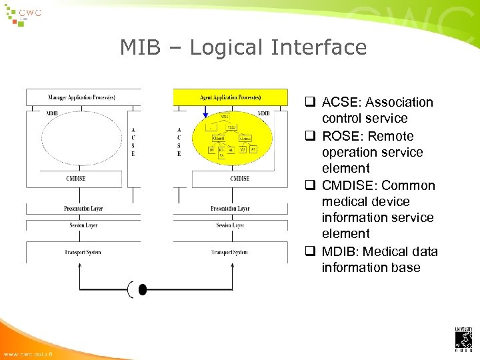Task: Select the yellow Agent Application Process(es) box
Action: [231, 97]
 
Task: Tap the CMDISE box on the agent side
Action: [239, 179]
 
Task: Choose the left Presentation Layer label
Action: [83, 209]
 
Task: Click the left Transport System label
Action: [83, 252]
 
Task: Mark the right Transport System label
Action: [231, 252]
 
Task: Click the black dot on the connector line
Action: [142, 289]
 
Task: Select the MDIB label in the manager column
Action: [51, 114]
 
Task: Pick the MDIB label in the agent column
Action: [264, 114]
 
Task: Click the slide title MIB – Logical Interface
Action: [243, 47]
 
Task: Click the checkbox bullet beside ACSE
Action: [311, 103]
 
